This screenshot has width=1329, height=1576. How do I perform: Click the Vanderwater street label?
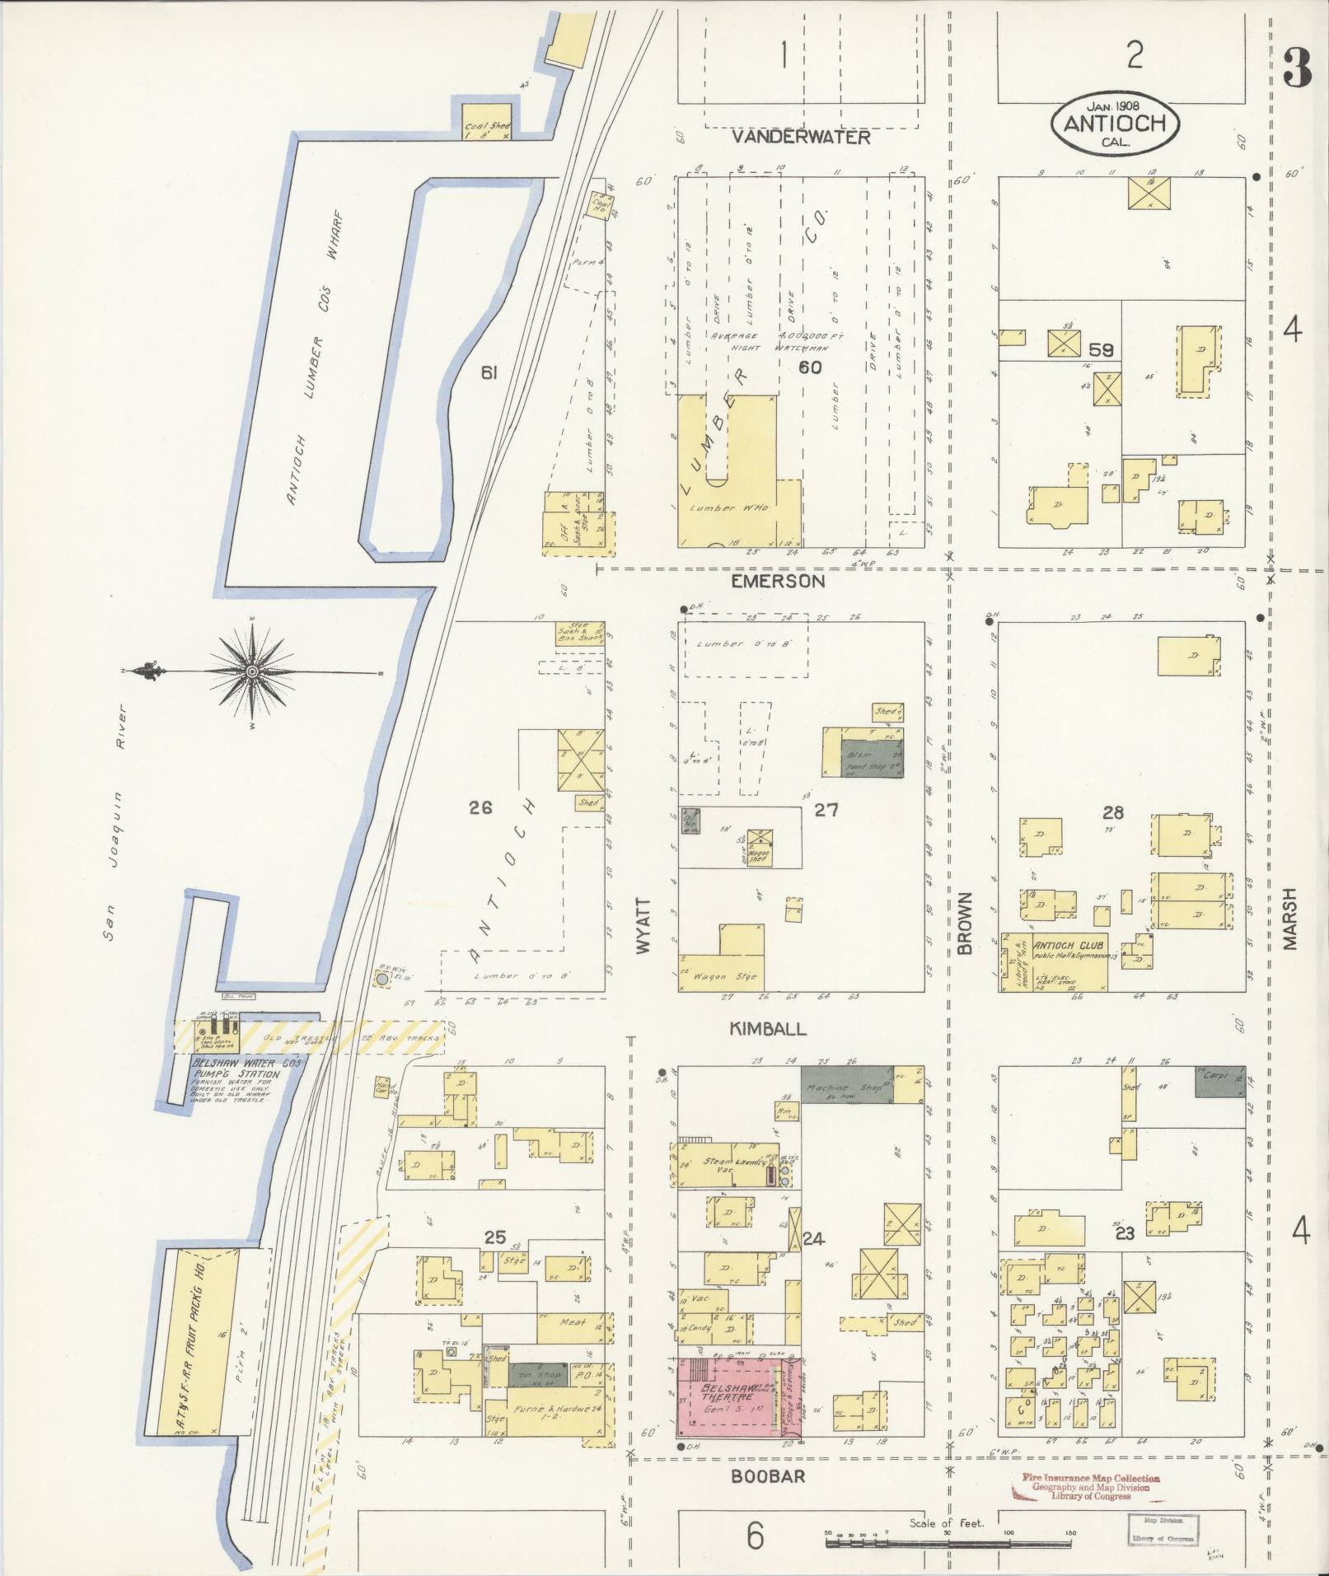pos(802,137)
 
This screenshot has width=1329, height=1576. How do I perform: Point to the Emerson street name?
pos(778,582)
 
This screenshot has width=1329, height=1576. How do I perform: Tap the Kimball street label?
pos(767,1029)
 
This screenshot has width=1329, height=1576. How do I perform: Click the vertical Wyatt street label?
pos(643,925)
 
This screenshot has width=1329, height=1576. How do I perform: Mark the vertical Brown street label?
pos(965,923)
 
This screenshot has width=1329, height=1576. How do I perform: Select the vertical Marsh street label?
pos(1289,919)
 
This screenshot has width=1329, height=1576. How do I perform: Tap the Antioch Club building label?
pos(1068,946)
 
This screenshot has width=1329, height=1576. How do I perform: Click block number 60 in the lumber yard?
pos(809,367)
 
